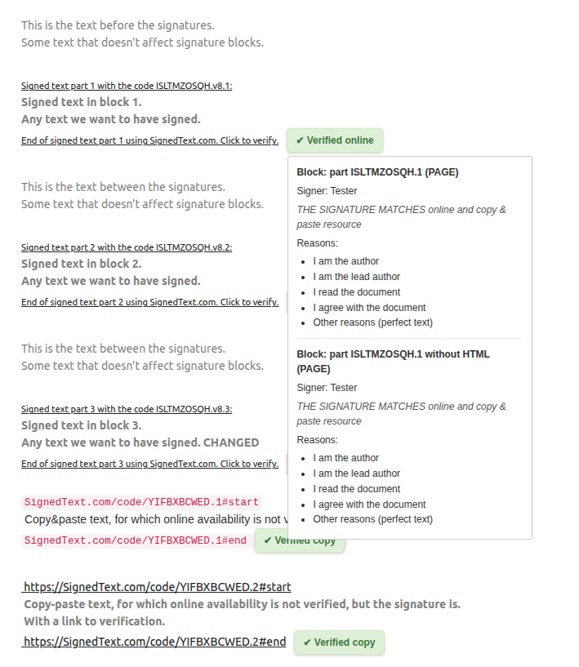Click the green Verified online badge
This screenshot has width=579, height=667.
click(x=335, y=140)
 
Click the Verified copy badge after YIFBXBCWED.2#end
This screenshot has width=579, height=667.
click(x=339, y=643)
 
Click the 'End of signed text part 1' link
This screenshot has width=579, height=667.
click(x=149, y=140)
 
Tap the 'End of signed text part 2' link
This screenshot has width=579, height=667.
click(x=149, y=302)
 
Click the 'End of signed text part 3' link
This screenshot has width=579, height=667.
click(x=149, y=464)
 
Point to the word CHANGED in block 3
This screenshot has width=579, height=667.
click(x=231, y=442)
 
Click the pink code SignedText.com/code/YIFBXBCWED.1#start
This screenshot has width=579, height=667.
click(x=141, y=502)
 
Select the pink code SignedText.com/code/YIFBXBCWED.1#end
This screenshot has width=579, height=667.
click(x=135, y=540)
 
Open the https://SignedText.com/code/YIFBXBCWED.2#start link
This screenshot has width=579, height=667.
click(x=157, y=587)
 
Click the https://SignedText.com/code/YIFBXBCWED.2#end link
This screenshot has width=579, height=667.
click(x=154, y=642)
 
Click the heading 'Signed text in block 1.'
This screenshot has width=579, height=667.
click(x=82, y=102)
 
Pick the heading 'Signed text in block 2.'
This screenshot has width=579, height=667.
click(x=82, y=264)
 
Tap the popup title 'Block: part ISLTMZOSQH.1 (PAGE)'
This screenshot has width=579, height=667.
click(x=377, y=172)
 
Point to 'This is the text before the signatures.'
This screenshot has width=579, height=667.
click(x=118, y=25)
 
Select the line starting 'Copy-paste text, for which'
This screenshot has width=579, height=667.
click(x=242, y=604)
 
